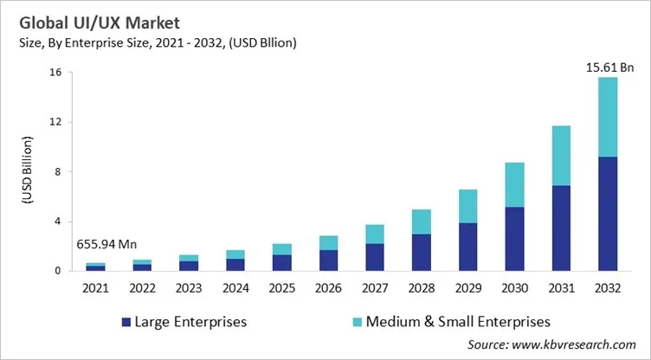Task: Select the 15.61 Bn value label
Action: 609,66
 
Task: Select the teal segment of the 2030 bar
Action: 515,184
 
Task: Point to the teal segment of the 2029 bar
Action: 467,206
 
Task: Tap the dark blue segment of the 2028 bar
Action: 421,252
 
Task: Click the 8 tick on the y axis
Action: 57,172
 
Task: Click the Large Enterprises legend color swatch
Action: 126,322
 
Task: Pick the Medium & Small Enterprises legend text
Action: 458,321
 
